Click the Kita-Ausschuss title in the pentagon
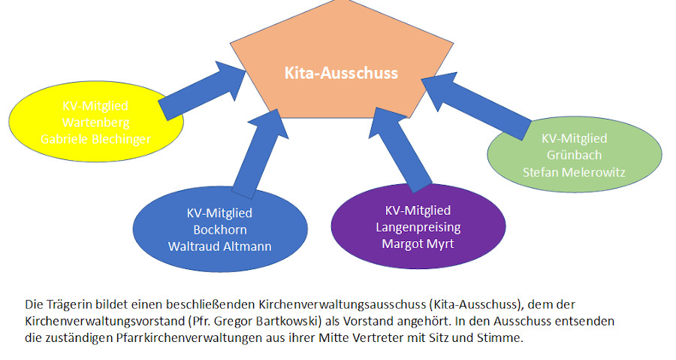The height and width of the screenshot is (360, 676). pos(341,74)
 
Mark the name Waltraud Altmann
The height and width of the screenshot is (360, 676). pos(220,246)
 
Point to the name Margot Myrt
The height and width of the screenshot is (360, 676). pos(418,243)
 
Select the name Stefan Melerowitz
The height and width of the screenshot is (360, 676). pos(574,171)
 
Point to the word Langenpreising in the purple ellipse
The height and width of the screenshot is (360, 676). pos(418,227)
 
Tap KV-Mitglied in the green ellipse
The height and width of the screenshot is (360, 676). pos(574,138)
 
